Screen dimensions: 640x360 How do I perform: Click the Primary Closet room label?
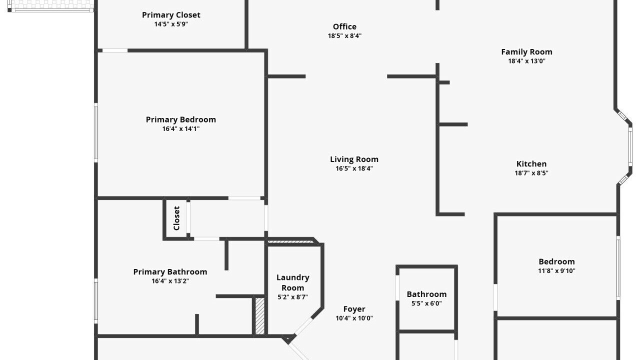click(171, 15)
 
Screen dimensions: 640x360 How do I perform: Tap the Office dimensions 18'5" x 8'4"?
click(344, 35)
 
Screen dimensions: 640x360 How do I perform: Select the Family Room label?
click(526, 52)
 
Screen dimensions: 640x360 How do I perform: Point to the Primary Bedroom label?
click(181, 119)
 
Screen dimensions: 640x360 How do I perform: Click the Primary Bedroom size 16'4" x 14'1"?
click(181, 128)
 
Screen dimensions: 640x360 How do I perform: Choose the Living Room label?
click(354, 159)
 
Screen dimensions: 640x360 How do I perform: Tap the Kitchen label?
click(531, 163)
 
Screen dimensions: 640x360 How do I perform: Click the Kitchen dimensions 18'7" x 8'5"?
click(531, 173)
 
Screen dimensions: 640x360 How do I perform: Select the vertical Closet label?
click(176, 218)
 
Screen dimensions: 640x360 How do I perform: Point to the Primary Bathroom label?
click(170, 271)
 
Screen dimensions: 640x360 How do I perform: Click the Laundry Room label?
click(292, 282)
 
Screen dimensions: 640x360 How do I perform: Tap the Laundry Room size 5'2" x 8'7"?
click(292, 297)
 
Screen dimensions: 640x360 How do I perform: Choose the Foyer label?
click(354, 309)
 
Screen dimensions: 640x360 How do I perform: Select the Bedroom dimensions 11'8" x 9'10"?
click(556, 270)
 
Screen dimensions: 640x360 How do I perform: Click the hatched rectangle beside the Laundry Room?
click(259, 316)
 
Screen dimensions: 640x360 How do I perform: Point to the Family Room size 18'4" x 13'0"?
click(526, 61)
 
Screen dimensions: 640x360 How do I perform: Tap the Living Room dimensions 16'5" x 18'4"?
click(354, 168)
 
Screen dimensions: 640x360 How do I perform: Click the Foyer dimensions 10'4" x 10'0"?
click(354, 318)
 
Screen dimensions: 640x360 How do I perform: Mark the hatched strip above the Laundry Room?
click(290, 241)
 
